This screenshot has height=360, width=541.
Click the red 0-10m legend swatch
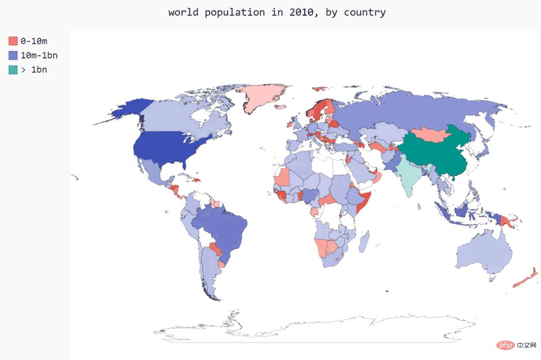click(x=13, y=41)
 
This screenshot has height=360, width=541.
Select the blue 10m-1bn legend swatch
click(x=13, y=55)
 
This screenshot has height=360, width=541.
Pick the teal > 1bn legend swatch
click(x=13, y=70)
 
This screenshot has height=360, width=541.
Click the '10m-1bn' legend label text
click(x=39, y=55)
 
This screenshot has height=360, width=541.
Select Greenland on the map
click(x=261, y=97)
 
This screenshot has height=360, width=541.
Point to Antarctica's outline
click(x=316, y=331)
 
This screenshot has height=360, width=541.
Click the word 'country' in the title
click(x=365, y=12)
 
